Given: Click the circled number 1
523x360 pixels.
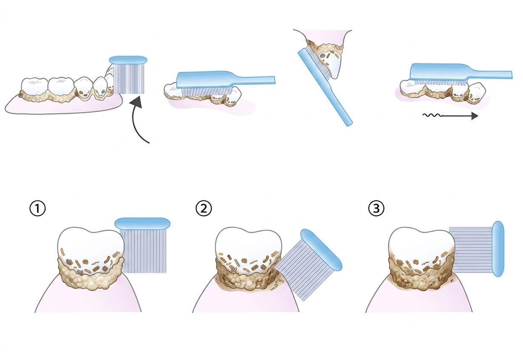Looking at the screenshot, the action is click(x=37, y=208).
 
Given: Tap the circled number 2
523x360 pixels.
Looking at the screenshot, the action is click(x=204, y=208).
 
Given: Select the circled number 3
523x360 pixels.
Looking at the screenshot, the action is click(x=376, y=208).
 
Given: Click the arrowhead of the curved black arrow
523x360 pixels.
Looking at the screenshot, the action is click(x=136, y=103).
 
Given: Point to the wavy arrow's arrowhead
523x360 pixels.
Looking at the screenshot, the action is click(x=475, y=115).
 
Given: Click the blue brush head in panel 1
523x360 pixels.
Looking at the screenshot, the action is click(x=142, y=223).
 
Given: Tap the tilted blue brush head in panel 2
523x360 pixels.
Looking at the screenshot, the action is click(x=321, y=250).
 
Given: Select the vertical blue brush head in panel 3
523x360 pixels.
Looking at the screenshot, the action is click(x=498, y=249).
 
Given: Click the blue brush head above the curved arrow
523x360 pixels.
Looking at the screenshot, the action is click(x=128, y=60).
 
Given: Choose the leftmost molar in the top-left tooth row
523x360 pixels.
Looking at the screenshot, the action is click(x=34, y=87).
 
